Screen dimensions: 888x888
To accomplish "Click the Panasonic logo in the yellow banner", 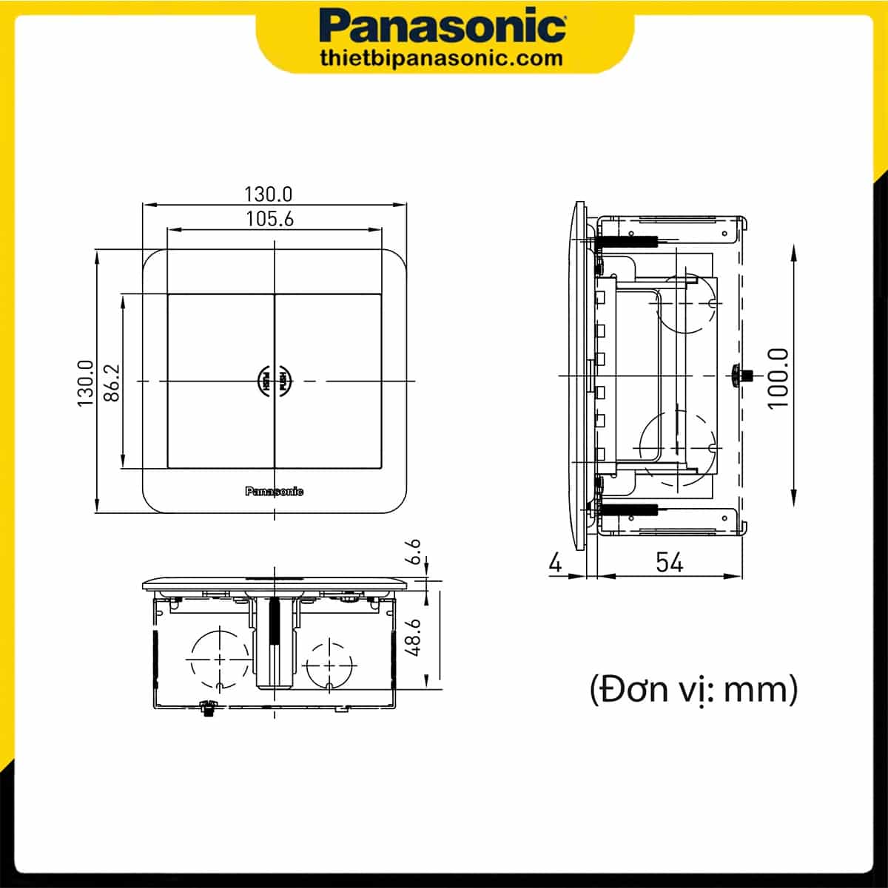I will point(443,27).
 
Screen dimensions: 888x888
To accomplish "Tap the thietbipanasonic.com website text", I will point(443,58).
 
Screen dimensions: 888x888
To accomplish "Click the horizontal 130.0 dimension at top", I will point(269,194).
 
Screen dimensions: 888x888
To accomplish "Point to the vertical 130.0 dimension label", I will point(86,382).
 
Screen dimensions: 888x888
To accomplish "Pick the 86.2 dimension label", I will point(111,382).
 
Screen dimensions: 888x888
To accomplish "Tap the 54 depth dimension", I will point(669,563).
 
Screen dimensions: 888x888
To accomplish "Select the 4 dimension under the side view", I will point(555,563).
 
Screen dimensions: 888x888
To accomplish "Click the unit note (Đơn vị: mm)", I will point(693,691).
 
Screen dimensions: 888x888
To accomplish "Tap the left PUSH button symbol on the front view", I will point(263,381).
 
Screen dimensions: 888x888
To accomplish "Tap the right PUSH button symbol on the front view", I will point(285,381).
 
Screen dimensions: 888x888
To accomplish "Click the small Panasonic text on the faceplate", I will point(274,492).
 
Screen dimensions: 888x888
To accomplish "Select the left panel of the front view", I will point(221,381).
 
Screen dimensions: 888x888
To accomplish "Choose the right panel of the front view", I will point(329,381).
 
